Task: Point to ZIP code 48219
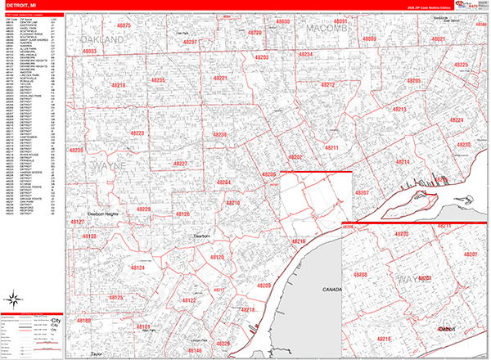(119, 85)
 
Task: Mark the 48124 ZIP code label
(137, 268)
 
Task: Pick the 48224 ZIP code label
(457, 120)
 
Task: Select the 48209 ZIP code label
(263, 285)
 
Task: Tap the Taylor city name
(97, 353)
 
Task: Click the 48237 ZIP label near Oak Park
(190, 41)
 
